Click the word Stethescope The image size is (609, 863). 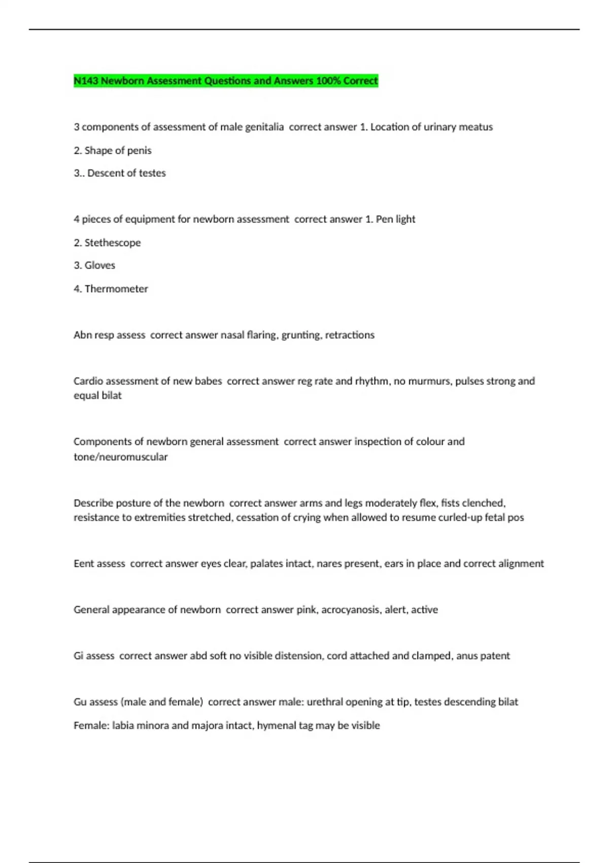point(113,243)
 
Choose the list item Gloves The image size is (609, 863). point(100,265)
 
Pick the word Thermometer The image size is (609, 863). point(116,289)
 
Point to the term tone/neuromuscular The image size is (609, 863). point(121,457)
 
